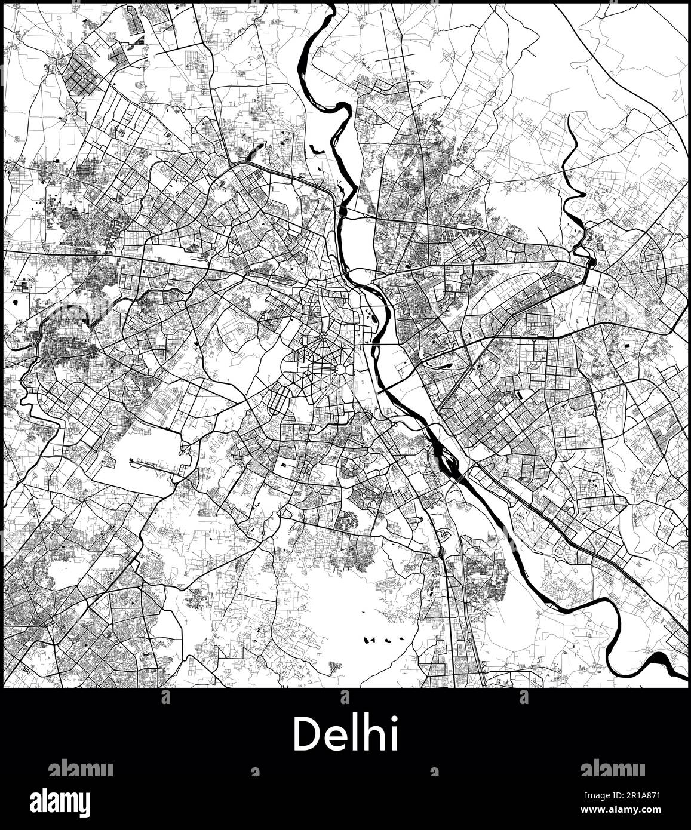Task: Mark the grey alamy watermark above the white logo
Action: [80, 768]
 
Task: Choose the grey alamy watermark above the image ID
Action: [612, 768]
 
